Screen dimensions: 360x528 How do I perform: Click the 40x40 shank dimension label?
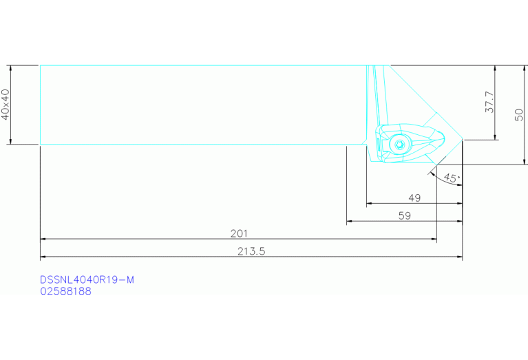tap(6, 105)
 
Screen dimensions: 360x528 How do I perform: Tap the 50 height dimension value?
tap(520, 114)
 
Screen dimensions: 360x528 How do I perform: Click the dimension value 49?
tap(414, 198)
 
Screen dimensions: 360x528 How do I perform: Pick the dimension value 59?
tap(405, 215)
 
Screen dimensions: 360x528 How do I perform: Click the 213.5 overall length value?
tap(251, 251)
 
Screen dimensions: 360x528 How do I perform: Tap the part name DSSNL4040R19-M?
tap(87, 279)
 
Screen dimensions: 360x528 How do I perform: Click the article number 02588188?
tap(65, 291)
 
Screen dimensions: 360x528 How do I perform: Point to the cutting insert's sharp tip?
tap(462, 140)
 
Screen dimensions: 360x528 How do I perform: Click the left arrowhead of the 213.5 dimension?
tap(43, 257)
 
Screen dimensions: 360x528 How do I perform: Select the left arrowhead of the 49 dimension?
tap(369, 204)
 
